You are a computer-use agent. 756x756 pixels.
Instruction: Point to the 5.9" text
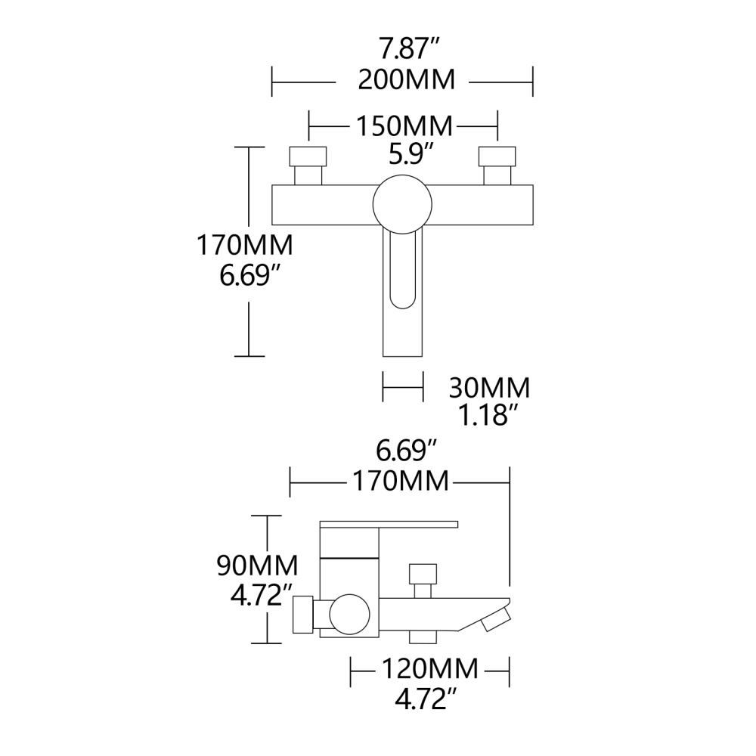(x=411, y=154)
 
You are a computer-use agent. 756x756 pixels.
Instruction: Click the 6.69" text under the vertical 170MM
(x=246, y=274)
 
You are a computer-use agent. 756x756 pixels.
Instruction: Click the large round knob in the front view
(x=402, y=202)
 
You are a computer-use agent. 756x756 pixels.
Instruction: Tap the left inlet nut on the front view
(x=308, y=156)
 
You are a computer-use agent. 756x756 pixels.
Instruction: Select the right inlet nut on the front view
(x=497, y=156)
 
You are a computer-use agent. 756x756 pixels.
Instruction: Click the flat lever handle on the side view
(x=389, y=523)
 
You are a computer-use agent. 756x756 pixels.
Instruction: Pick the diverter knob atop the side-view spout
(x=423, y=572)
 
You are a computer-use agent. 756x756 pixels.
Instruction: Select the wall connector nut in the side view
(x=303, y=614)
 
